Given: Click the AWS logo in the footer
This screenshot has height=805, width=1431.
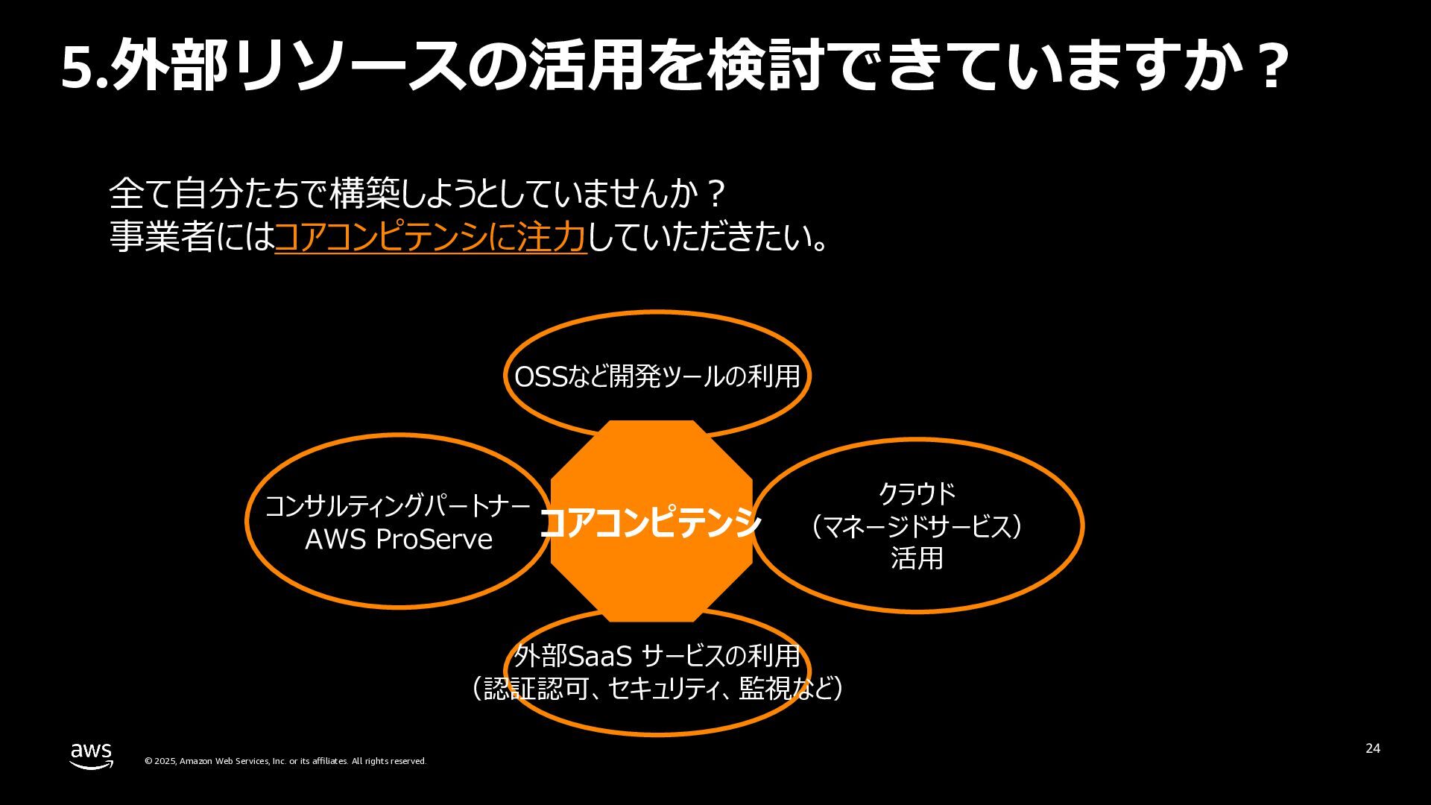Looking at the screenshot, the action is pos(92,755).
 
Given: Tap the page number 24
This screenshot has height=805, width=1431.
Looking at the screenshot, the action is pos(1372,748).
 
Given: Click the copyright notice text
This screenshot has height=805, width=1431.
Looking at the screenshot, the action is pos(285,761).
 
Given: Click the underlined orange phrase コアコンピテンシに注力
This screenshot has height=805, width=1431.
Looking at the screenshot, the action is pos(431,236).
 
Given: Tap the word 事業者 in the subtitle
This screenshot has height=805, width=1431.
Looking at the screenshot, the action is pos(162,236).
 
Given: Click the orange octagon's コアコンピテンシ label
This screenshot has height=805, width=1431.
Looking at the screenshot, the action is pos(650,523).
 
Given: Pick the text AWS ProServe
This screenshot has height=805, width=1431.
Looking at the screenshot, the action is pos(399,539).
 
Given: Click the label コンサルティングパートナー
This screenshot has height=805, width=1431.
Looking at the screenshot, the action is pos(398,506).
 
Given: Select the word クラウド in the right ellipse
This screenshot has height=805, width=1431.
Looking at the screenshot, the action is pos(917,493).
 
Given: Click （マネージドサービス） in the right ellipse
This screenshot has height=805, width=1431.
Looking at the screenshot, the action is pos(917,526).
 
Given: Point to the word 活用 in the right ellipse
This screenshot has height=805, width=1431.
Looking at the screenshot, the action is pos(917,558).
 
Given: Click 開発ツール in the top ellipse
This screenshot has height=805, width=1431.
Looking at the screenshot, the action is pos(657,377).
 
